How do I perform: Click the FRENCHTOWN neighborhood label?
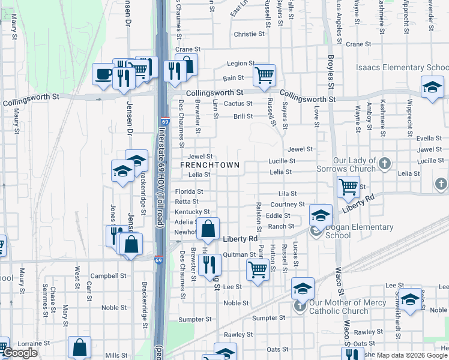coord(209,165)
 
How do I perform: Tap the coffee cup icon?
coord(103,75)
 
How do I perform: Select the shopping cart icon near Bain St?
coord(264,76)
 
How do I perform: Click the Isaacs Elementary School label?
coord(402,68)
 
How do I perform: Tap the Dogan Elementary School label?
coord(359,231)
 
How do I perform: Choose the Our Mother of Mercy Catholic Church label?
coord(348,307)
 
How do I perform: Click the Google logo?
coord(20,353)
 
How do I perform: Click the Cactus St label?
coord(237,104)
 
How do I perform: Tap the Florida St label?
coord(188,191)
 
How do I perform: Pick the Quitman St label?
coord(240,254)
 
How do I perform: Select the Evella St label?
coord(429,139)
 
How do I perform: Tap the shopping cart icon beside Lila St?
coord(348,187)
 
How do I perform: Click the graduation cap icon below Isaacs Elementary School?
coord(432,88)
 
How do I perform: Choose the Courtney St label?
coord(288,205)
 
